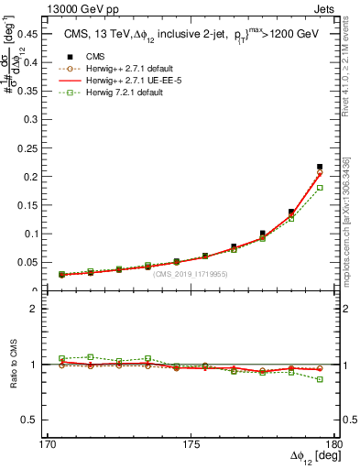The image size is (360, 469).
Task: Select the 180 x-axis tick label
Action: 334,444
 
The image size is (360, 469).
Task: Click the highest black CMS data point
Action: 320,167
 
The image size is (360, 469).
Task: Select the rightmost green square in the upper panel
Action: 320,188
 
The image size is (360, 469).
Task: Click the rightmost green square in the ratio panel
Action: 320,379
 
